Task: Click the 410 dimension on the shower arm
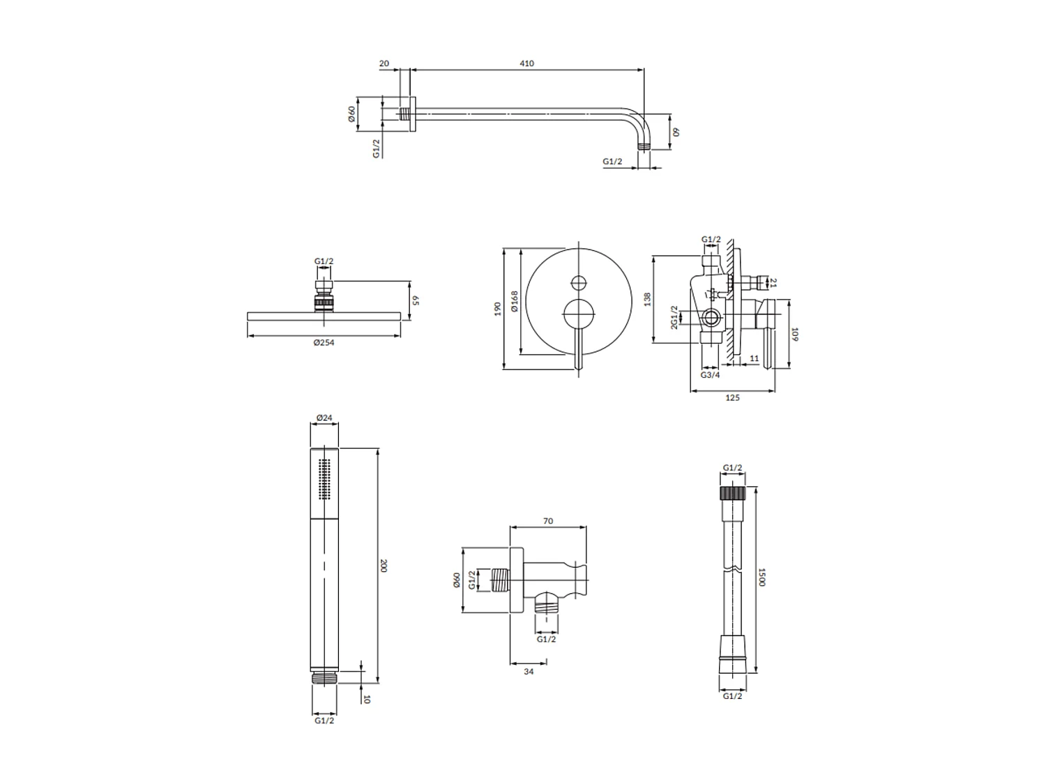point(526,63)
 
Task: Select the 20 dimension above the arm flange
point(384,63)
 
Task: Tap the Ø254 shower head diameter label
point(324,342)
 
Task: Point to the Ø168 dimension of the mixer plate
point(514,301)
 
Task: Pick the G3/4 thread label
point(710,375)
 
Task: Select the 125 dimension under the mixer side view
point(732,398)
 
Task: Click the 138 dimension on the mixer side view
point(647,300)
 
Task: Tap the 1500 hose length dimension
point(762,577)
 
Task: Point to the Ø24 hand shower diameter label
point(324,418)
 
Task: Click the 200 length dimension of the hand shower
point(383,565)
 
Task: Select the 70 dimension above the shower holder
point(547,521)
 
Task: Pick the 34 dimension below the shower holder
point(529,671)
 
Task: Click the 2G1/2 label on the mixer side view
point(674,318)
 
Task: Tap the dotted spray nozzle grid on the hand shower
point(323,479)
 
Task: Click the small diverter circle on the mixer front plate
point(578,283)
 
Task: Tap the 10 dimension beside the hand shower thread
point(367,698)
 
